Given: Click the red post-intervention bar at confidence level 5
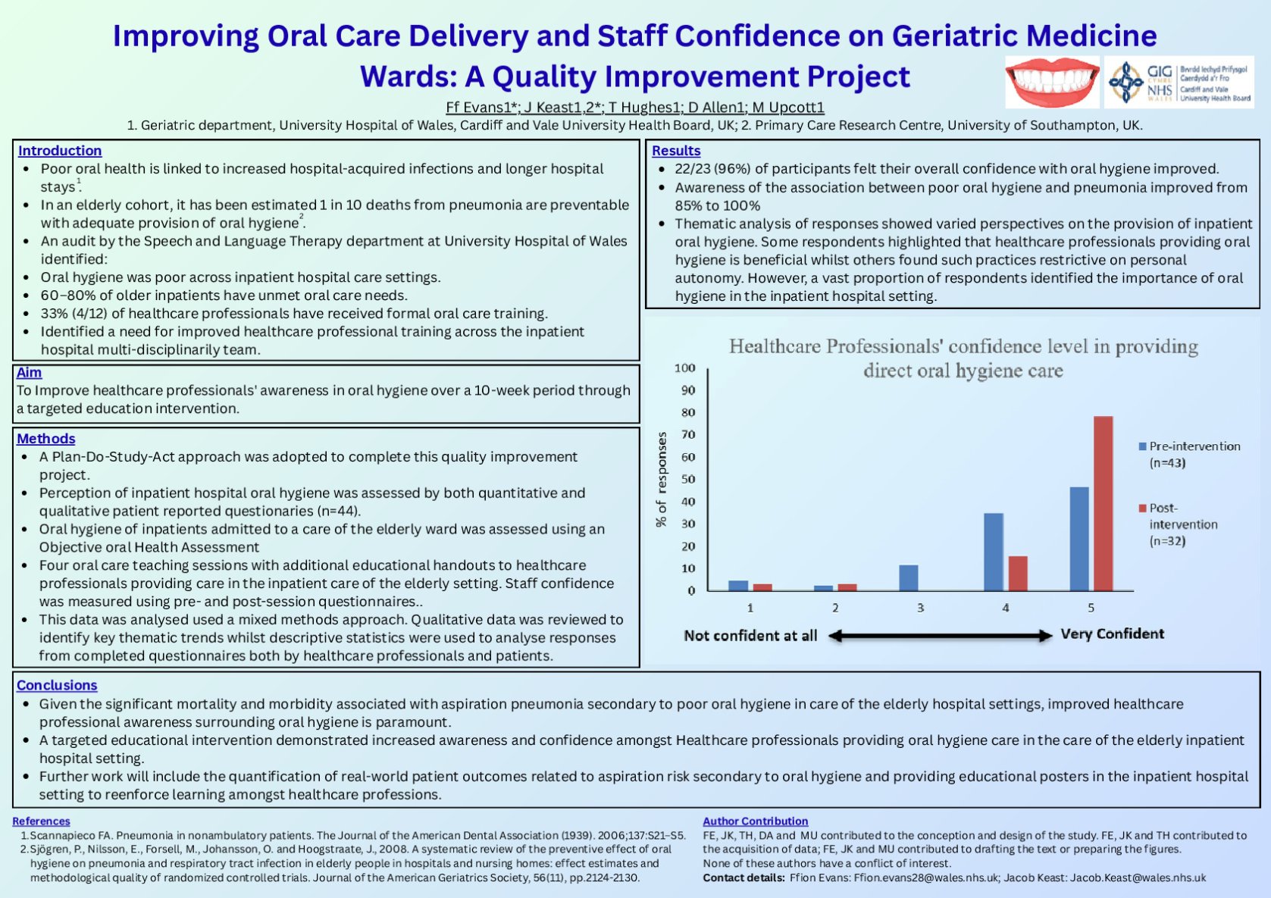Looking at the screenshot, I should click(1103, 503).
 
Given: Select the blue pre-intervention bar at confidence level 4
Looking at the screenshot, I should click(993, 552).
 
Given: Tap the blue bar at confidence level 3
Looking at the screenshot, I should click(908, 577).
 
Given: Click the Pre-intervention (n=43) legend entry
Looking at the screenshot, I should click(1189, 454).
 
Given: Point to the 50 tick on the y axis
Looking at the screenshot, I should click(687, 479).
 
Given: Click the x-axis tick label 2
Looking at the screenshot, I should click(835, 608).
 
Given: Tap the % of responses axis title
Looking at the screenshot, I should click(662, 479).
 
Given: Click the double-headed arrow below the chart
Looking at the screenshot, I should click(940, 636).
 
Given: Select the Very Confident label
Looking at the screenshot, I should click(1112, 634).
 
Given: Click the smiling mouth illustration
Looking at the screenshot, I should click(1052, 82).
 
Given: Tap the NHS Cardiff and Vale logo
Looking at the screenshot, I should click(1179, 82).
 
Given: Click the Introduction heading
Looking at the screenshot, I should click(60, 151).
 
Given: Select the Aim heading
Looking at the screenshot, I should click(29, 372).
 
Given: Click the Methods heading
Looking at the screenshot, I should click(46, 439).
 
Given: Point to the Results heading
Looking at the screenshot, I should click(676, 151).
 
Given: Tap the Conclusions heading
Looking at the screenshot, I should click(57, 685).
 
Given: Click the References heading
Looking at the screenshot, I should click(41, 821).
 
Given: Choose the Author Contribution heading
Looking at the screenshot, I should click(755, 821).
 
